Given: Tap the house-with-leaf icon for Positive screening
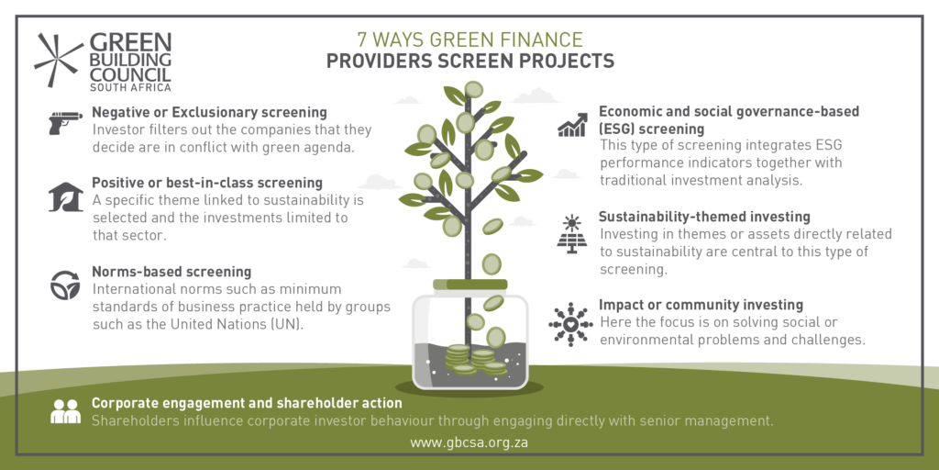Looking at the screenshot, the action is pos(65,197).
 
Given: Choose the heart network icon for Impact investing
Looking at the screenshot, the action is pos(570,324).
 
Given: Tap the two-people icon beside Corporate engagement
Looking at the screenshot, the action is pos(65,411).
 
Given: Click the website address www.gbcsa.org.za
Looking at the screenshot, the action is pos(469,443).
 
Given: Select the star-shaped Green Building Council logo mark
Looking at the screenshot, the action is pos(58,60).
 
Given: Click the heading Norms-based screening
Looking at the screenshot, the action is pos(171,272).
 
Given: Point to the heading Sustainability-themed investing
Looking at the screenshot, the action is pos(705,216).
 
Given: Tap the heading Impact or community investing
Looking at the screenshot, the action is pos(701,305).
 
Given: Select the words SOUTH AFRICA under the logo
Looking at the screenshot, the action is pos(130,87).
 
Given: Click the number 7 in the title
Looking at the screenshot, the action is pos(362,40).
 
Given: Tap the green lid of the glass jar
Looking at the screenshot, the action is pos(470,285).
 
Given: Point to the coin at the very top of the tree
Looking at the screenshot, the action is pos(474,90).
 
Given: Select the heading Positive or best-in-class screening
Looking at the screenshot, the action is pos(207,183).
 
